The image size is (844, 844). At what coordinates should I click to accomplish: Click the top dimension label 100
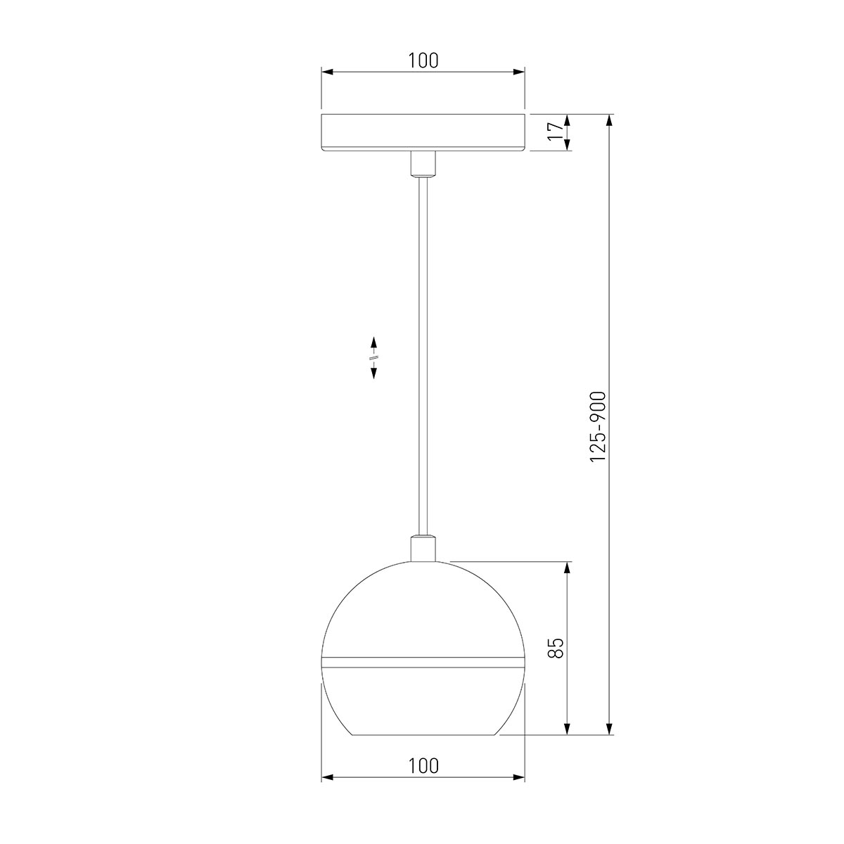coord(423,60)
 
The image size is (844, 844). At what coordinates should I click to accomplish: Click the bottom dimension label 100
coord(423,766)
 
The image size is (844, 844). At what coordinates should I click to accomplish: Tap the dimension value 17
coord(556,132)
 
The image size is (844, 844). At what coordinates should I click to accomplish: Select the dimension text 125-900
coord(598,426)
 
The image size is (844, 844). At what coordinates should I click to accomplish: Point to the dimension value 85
coord(556,648)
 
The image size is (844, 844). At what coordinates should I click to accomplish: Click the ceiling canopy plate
coord(423,132)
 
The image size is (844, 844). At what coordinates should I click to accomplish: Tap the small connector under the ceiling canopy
coord(422,165)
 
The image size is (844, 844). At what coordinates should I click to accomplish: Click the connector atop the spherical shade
coord(422,549)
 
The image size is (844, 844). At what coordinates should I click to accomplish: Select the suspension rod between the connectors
coord(422,352)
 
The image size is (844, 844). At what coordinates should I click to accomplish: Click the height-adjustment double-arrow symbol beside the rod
coord(373,357)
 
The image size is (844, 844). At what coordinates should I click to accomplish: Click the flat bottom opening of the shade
coord(423,735)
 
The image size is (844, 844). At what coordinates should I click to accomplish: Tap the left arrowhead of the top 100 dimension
coord(327,72)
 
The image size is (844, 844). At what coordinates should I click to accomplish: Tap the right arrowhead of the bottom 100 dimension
coord(519,778)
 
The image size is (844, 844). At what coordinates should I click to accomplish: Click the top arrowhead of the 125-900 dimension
coord(610,120)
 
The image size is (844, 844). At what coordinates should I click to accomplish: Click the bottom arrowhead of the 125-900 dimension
coord(610,729)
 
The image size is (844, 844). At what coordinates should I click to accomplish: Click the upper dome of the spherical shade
coord(423,605)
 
